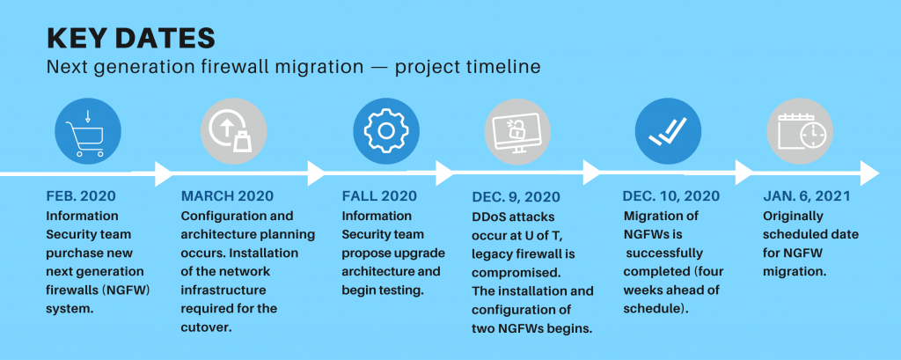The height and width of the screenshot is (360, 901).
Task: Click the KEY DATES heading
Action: tap(130, 38)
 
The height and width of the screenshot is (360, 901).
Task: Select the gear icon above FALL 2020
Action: tap(385, 130)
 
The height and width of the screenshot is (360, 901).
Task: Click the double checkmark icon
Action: tap(668, 130)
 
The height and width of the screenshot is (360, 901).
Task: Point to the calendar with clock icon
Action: tap(800, 130)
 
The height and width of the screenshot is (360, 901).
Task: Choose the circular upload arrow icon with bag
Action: tap(233, 130)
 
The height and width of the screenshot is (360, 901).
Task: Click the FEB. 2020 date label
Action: tap(81, 196)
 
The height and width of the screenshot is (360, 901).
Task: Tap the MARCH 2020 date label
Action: tap(228, 196)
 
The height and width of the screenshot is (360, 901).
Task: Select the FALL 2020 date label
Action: tap(379, 196)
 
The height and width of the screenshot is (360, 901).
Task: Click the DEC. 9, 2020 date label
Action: tap(516, 196)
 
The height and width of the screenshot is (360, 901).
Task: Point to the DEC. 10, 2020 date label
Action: tap(671, 196)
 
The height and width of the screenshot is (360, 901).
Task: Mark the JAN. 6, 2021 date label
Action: tap(807, 196)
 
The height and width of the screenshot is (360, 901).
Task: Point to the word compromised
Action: tap(508, 272)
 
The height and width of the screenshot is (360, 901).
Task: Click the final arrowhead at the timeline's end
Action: tap(869, 173)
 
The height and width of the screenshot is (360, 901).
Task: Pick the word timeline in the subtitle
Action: tap(506, 67)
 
